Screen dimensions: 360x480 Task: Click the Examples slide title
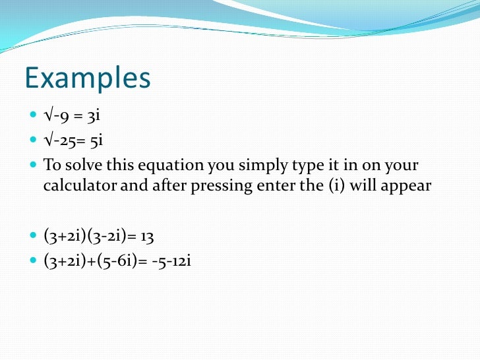[88, 78]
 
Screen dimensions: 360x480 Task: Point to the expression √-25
[59, 140]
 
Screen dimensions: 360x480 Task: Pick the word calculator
[78, 185]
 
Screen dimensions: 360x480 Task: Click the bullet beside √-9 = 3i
[34, 117]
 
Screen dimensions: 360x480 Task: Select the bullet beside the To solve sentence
[34, 164]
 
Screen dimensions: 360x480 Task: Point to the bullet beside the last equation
[34, 260]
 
